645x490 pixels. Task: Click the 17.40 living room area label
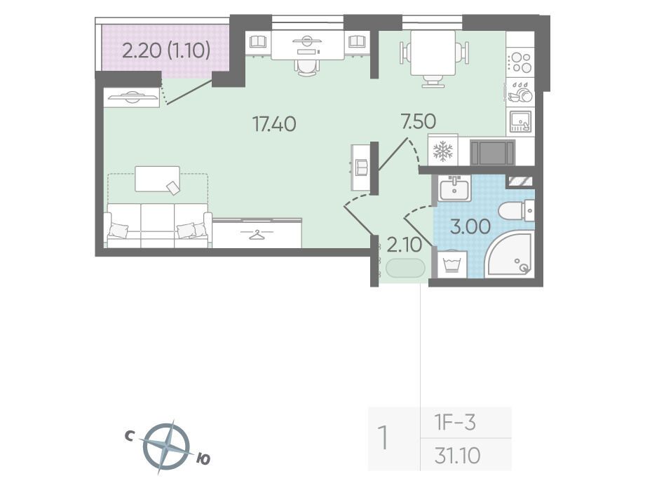click(x=274, y=124)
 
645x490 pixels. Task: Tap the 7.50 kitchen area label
click(x=419, y=122)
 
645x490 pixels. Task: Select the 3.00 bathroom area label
click(x=470, y=226)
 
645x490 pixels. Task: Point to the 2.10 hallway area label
click(x=405, y=245)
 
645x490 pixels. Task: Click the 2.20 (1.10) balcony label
click(x=167, y=51)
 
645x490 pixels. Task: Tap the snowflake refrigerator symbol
click(x=443, y=151)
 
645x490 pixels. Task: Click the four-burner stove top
click(x=520, y=62)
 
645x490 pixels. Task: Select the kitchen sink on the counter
click(x=520, y=122)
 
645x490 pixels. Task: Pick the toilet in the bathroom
click(x=516, y=211)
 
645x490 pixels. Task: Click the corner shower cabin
click(x=509, y=254)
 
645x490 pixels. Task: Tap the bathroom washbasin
click(x=454, y=189)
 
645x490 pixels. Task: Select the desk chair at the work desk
click(x=307, y=65)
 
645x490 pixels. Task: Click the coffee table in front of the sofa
click(x=158, y=179)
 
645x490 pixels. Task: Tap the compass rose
click(x=167, y=447)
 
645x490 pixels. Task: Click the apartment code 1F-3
click(x=455, y=423)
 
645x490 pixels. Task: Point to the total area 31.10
click(x=457, y=456)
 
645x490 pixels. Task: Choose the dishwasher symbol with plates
click(x=520, y=92)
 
